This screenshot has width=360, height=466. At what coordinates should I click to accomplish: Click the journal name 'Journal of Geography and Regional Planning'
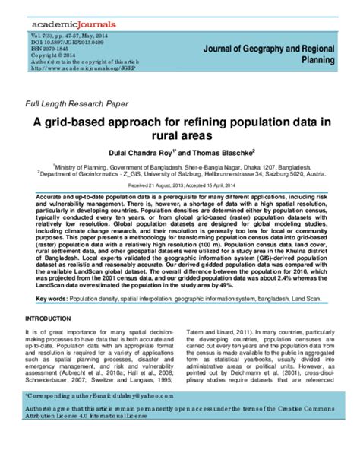[267, 52]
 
